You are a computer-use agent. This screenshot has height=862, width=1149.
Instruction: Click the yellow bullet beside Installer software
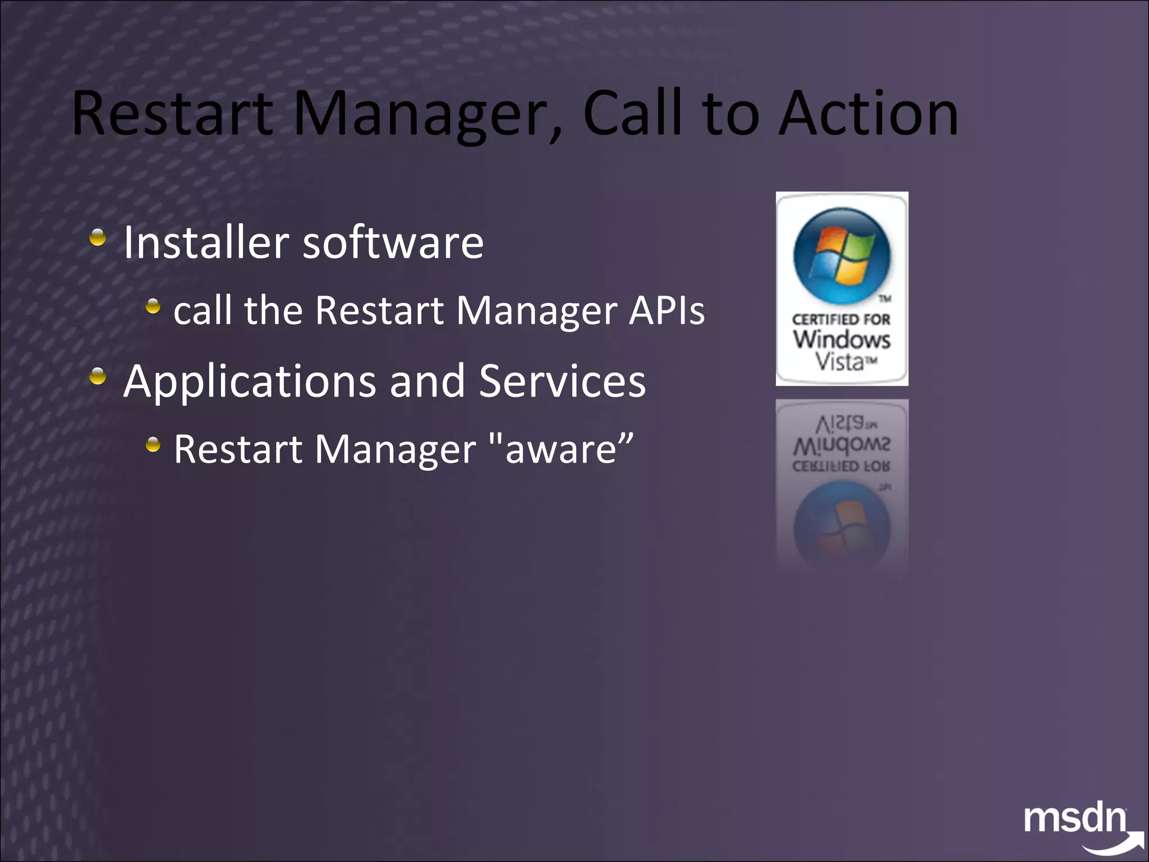click(98, 237)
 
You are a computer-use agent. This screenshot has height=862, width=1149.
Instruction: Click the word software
click(393, 242)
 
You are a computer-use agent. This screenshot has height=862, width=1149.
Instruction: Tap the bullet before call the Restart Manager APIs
click(153, 306)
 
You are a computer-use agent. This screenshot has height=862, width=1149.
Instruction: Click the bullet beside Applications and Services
click(98, 376)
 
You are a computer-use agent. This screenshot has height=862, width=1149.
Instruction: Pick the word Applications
click(250, 382)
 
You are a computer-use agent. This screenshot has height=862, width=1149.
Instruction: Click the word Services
click(562, 382)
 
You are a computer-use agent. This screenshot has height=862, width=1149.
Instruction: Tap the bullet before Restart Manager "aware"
click(153, 446)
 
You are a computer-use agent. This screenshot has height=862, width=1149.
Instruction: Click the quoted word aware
click(561, 450)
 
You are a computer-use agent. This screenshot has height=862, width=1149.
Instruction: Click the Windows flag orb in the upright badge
click(842, 255)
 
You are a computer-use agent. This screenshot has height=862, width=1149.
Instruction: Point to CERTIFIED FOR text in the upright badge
click(841, 319)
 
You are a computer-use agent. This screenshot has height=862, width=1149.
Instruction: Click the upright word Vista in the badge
click(840, 362)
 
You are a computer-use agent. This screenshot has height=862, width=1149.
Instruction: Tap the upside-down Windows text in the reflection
click(841, 446)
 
